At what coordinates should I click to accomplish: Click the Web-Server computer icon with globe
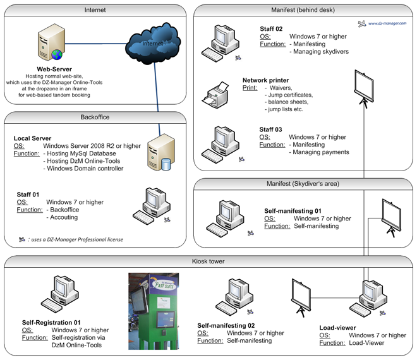pyautogui.click(x=51, y=45)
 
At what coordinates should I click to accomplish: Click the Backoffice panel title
pyautogui.click(x=95, y=117)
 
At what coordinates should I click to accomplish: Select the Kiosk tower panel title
pyautogui.click(x=208, y=261)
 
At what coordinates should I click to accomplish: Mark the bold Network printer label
pyautogui.click(x=265, y=80)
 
